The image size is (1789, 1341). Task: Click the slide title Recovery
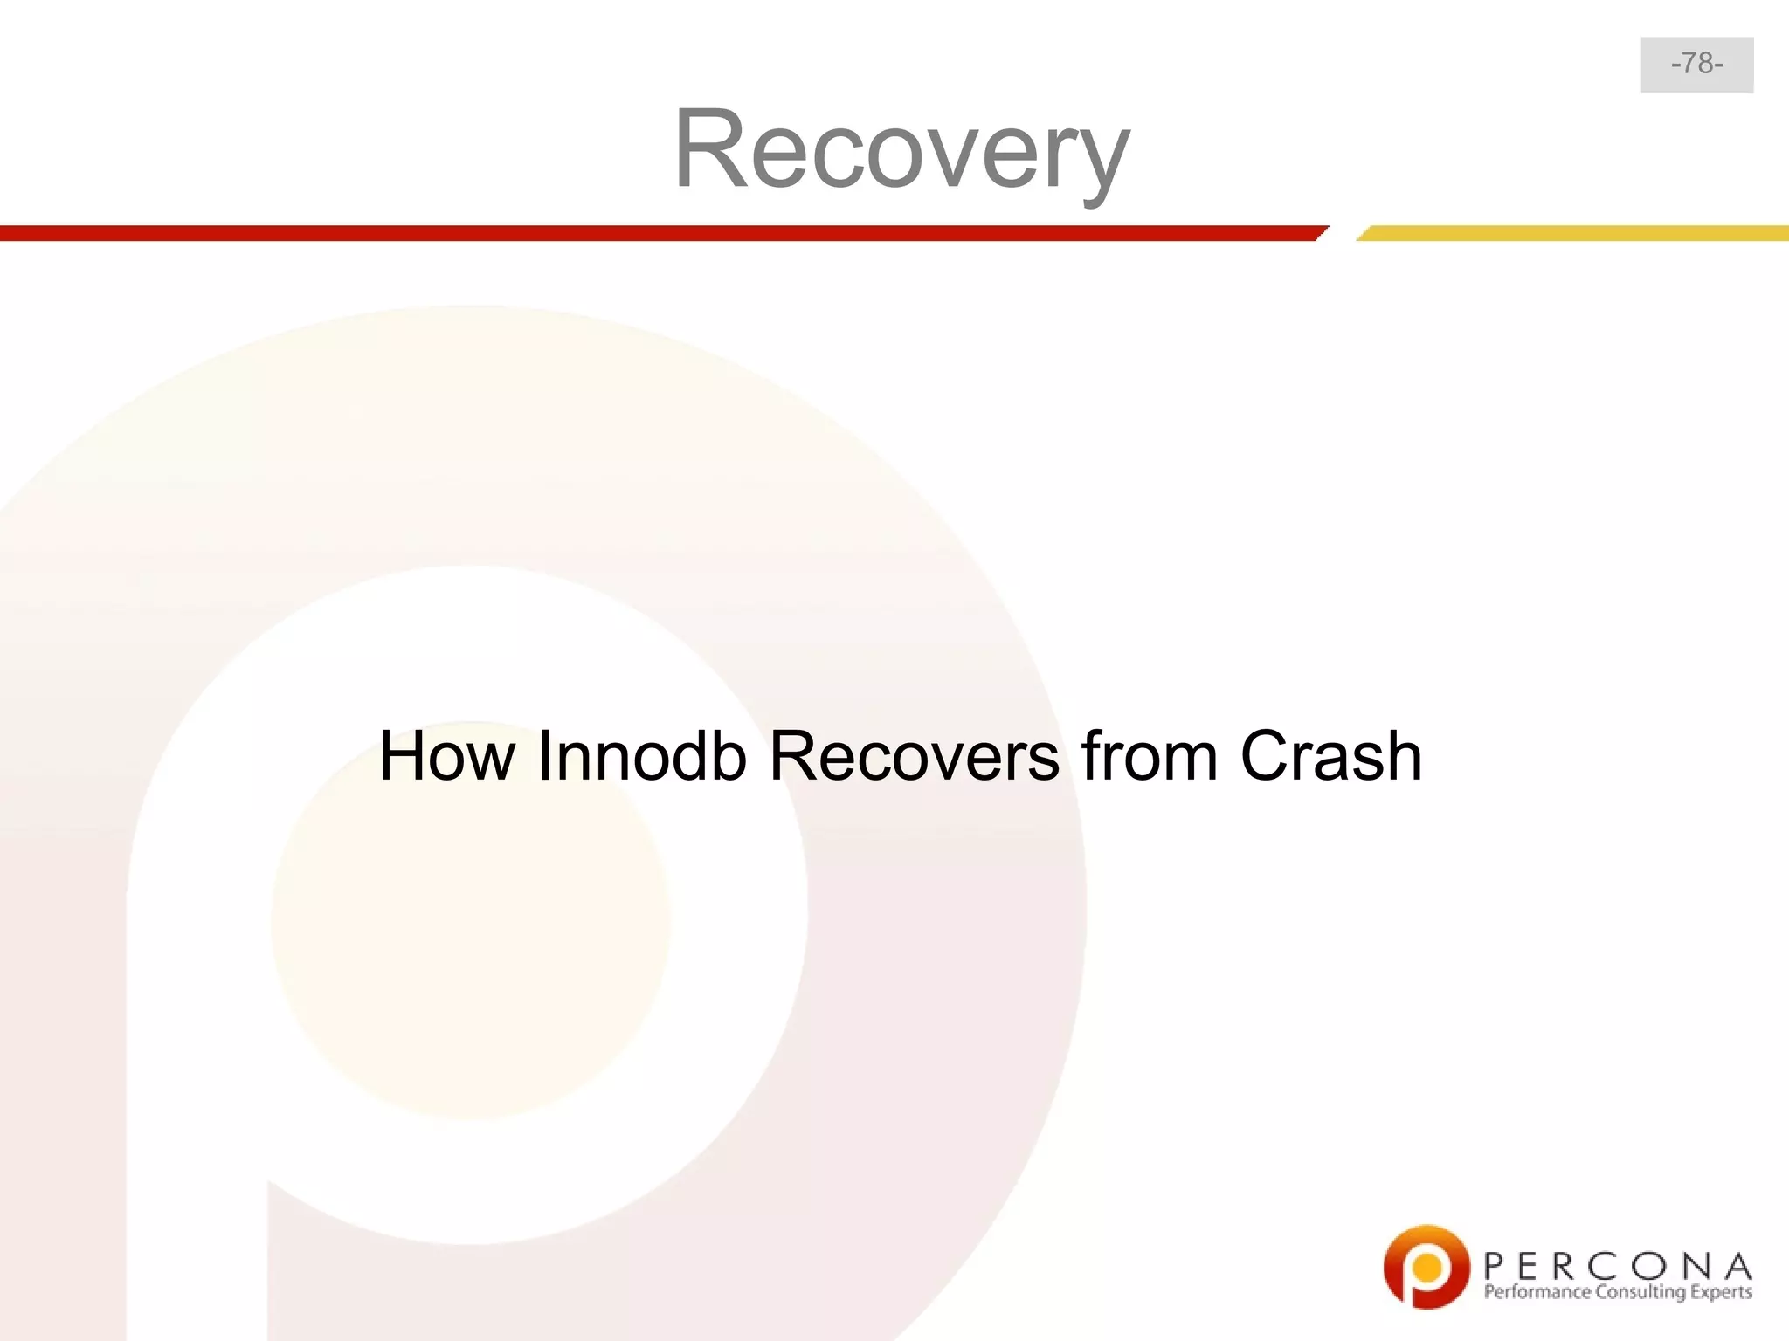coord(901,150)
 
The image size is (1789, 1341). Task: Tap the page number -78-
coord(1696,64)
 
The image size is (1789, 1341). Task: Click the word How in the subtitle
coord(446,756)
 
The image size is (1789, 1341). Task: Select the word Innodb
coord(642,756)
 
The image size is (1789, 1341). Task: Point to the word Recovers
coord(914,756)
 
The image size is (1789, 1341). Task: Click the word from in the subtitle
coord(1150,756)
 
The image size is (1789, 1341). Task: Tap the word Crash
coord(1331,756)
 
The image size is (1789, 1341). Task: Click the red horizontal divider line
coord(655,233)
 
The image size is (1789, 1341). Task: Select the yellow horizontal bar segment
coord(1572,233)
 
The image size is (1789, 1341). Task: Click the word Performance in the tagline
coord(1537,1292)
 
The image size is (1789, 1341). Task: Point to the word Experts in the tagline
coord(1721,1292)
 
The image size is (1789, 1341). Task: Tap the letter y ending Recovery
coord(1102,162)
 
